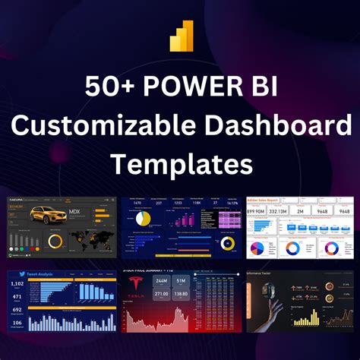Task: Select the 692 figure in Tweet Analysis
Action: (17, 311)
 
